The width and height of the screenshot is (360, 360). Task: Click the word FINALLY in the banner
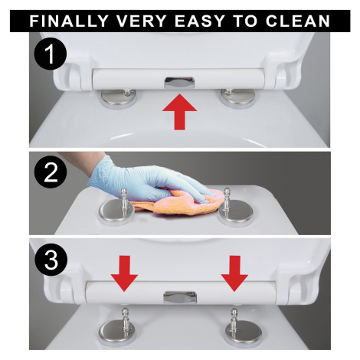(69, 21)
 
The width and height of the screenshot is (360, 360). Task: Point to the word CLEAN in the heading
(298, 21)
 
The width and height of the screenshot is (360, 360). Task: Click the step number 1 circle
(51, 54)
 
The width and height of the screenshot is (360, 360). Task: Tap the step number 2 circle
(51, 172)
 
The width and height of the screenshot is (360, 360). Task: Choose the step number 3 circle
(51, 260)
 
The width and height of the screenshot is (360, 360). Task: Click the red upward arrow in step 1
(180, 112)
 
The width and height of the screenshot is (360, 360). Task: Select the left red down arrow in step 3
(124, 273)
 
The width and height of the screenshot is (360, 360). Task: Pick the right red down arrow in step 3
(234, 273)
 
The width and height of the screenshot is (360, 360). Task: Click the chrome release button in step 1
(180, 83)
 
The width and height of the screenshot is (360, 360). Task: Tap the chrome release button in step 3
(180, 297)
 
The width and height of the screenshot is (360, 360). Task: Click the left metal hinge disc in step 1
(119, 99)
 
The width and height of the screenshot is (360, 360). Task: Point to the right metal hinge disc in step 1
(237, 98)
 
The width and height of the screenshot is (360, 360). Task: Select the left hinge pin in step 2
(124, 201)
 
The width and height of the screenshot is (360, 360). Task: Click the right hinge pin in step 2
(227, 201)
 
